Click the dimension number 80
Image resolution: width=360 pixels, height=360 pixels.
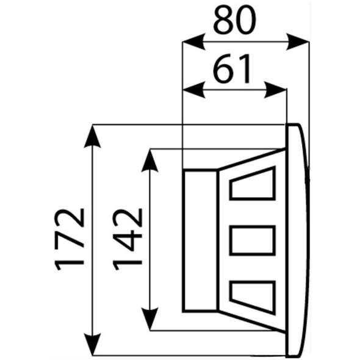(235, 20)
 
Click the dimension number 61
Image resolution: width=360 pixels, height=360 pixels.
(232, 69)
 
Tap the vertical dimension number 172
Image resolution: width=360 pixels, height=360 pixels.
(70, 239)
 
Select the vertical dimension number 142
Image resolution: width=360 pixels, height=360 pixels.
(128, 239)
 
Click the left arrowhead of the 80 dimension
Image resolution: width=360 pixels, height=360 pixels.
(193, 41)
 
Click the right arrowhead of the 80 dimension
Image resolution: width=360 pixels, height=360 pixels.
(298, 41)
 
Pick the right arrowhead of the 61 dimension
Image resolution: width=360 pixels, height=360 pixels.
(275, 90)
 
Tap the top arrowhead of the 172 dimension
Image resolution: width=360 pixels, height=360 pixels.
(92, 137)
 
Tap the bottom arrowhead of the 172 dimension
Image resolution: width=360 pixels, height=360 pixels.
(92, 344)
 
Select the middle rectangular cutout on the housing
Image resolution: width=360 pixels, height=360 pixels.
(253, 240)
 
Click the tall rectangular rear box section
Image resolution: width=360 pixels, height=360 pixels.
(200, 240)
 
